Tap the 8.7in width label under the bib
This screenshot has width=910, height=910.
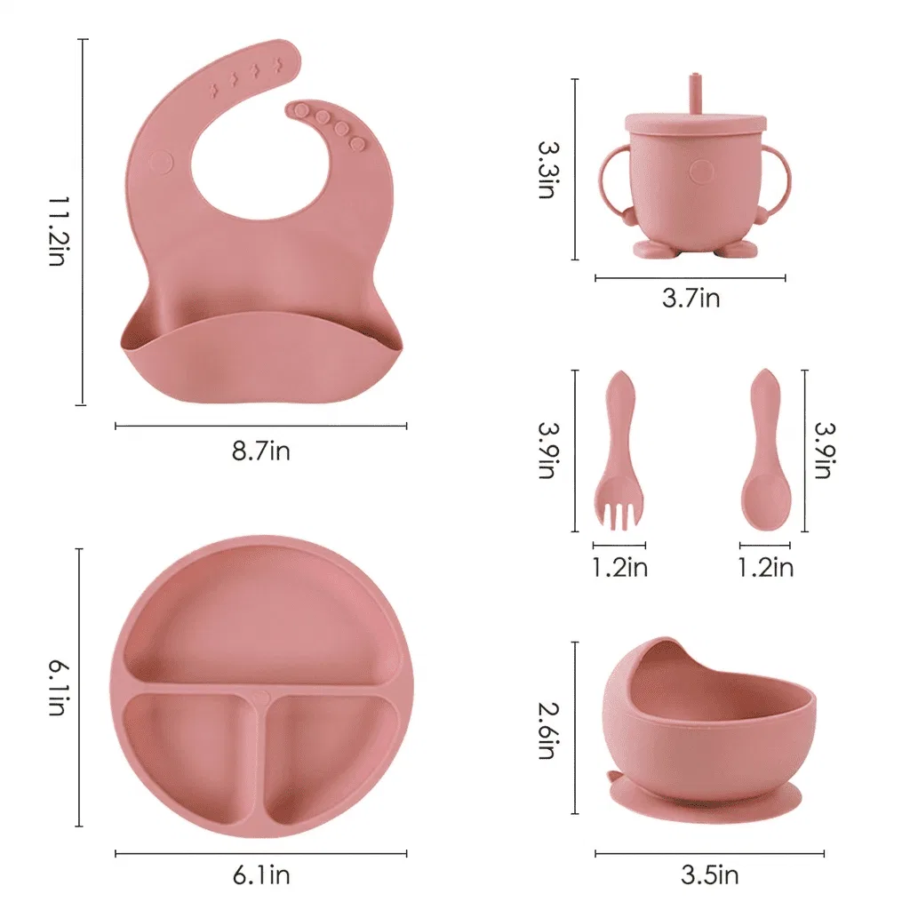[x=260, y=451]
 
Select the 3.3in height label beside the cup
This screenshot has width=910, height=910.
[x=547, y=169]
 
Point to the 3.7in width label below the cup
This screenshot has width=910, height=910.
[x=690, y=299]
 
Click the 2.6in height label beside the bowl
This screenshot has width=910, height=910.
[x=547, y=730]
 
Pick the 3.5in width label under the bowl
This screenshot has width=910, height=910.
[x=709, y=875]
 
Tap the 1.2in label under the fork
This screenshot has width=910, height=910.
[x=619, y=567]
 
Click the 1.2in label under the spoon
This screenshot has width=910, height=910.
[x=765, y=567]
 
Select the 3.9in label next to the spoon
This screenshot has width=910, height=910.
[x=824, y=450]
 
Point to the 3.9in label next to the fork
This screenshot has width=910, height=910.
[x=547, y=450]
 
